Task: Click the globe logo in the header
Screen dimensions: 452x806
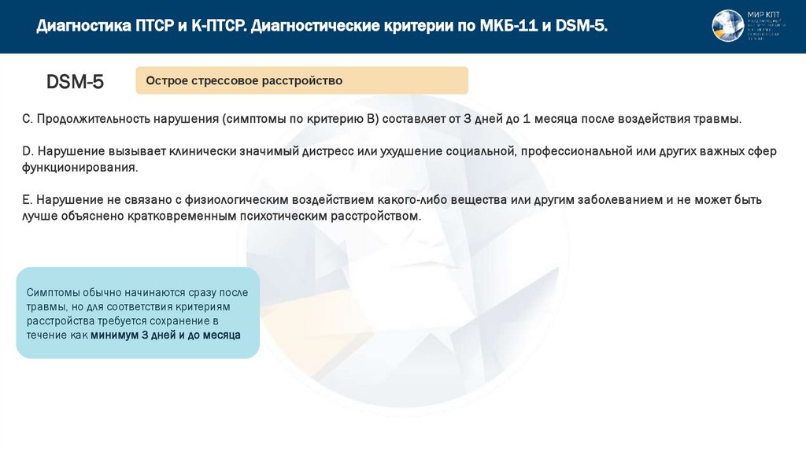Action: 727,26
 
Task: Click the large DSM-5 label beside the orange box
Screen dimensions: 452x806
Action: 75,81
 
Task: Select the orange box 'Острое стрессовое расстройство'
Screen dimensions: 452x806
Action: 301,80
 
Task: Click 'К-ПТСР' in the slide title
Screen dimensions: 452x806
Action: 218,27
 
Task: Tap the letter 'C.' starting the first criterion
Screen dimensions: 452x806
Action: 27,119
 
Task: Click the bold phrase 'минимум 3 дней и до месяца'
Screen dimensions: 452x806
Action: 165,335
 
